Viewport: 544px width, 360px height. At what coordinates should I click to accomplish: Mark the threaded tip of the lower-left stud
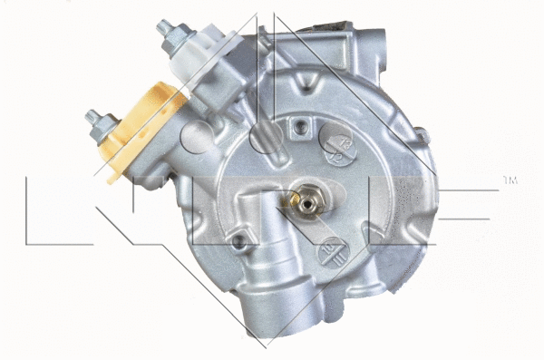coord(92,116)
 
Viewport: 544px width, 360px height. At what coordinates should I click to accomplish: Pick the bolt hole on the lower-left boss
coord(238,242)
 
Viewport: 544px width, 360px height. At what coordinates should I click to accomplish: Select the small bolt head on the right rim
coord(421,136)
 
